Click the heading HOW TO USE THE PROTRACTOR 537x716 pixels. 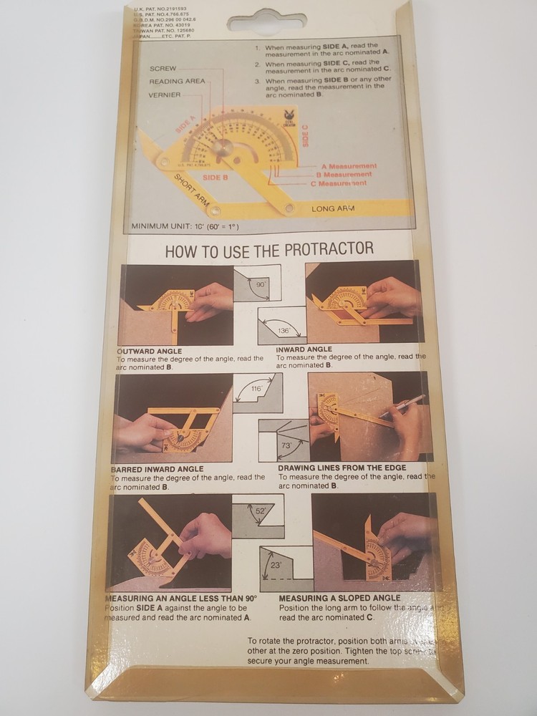tap(269, 249)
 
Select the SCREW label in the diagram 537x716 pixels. tap(163, 68)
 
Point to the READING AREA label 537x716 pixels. tap(177, 82)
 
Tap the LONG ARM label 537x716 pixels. tap(334, 208)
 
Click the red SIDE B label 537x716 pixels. tap(215, 176)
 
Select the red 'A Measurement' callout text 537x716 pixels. tap(349, 166)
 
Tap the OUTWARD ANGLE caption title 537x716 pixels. tap(150, 352)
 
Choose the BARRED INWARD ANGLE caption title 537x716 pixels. tap(158, 469)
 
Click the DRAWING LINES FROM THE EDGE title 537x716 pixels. tap(342, 468)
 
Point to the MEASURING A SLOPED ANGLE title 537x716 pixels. tap(339, 598)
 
